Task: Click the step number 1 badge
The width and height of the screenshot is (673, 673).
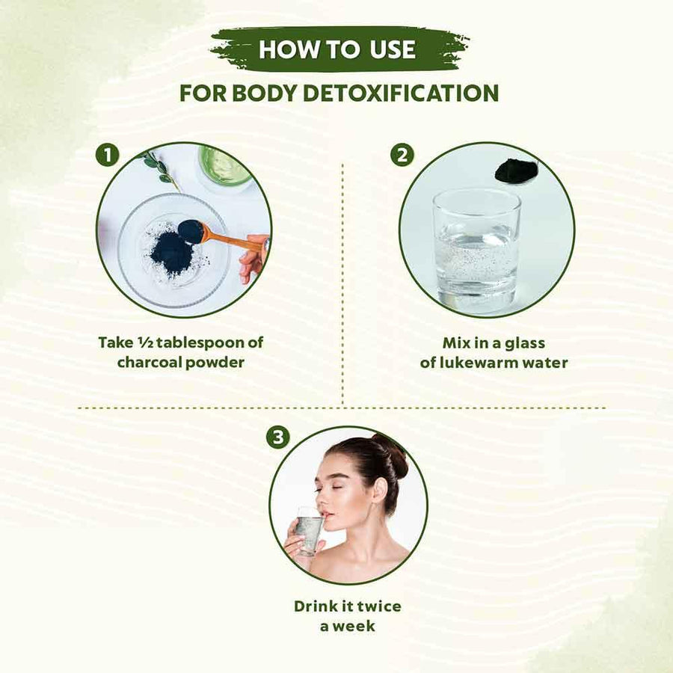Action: pyautogui.click(x=107, y=155)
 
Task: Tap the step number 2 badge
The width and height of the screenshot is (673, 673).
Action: pyautogui.click(x=402, y=155)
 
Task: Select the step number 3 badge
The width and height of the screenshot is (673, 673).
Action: pyautogui.click(x=277, y=437)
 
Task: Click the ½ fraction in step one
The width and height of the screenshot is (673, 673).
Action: pyautogui.click(x=145, y=342)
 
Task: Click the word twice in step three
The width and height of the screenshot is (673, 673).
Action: pyautogui.click(x=378, y=606)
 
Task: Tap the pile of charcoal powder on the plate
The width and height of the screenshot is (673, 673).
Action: pyautogui.click(x=173, y=253)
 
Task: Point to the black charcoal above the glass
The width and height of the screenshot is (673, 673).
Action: pyautogui.click(x=515, y=170)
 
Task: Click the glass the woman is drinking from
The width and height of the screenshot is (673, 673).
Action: pyautogui.click(x=310, y=531)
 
